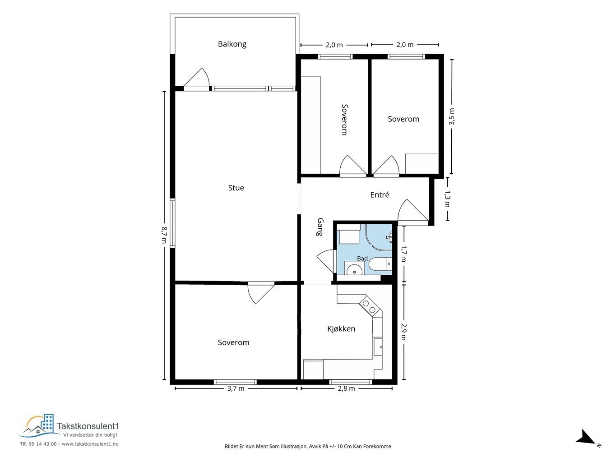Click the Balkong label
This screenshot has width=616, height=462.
pos(232,44)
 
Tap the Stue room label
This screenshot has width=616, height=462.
pos(236,188)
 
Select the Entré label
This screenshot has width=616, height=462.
pos(380,194)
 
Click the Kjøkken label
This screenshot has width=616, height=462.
pos(341,329)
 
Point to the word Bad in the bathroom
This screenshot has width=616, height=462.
pos(362,259)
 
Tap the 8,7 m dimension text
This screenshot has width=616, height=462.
pos(165,235)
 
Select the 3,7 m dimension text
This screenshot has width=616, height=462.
pos(236,388)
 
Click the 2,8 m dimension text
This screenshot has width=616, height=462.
pos(346,388)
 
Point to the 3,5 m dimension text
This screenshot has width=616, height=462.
pos(452,116)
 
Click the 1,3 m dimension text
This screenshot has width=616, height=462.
pos(447,199)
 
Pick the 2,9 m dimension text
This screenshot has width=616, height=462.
pos(403,332)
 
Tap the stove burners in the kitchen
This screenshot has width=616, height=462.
pos(369,307)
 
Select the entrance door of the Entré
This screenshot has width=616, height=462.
pos(413,210)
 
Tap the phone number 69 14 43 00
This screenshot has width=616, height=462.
pos(43,444)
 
